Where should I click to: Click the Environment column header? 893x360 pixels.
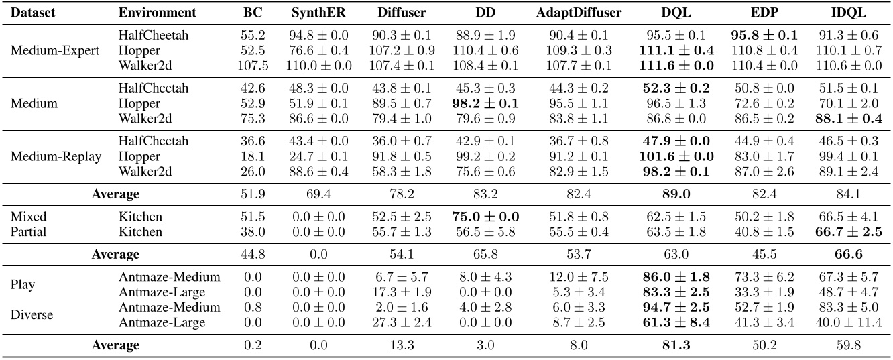tap(157, 13)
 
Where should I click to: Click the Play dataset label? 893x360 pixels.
tap(22, 284)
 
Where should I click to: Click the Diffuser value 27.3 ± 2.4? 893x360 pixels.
tap(400, 322)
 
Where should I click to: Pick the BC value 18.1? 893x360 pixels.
tap(249, 156)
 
